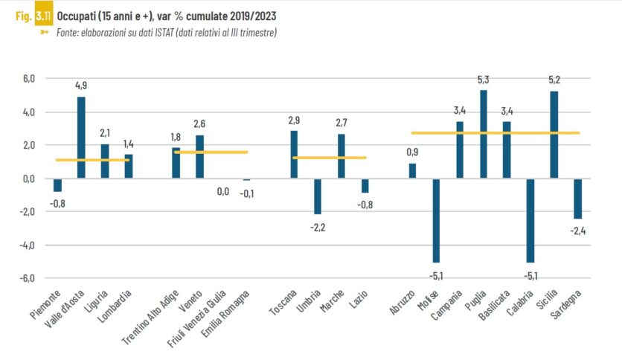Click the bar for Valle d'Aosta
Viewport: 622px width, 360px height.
pyautogui.click(x=81, y=138)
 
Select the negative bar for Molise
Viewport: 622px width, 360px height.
pyautogui.click(x=436, y=220)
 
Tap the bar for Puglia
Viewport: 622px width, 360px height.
pyautogui.click(x=484, y=134)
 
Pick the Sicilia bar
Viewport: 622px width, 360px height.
pyautogui.click(x=554, y=135)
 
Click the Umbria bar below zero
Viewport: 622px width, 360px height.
pyautogui.click(x=318, y=196)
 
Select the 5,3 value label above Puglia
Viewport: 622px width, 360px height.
pyautogui.click(x=484, y=80)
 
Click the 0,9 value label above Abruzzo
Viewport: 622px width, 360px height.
pyautogui.click(x=413, y=152)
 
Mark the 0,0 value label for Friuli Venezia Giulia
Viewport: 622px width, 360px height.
pyautogui.click(x=222, y=192)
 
